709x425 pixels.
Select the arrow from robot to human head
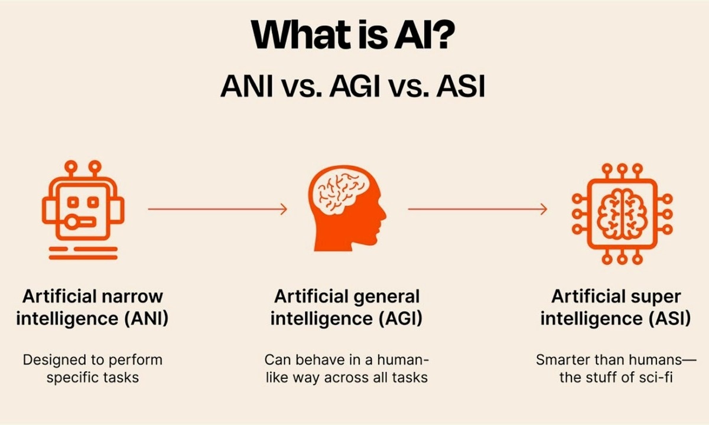217,208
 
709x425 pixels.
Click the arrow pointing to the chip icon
477,208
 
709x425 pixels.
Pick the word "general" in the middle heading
383,296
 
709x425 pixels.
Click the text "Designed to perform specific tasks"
92,368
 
